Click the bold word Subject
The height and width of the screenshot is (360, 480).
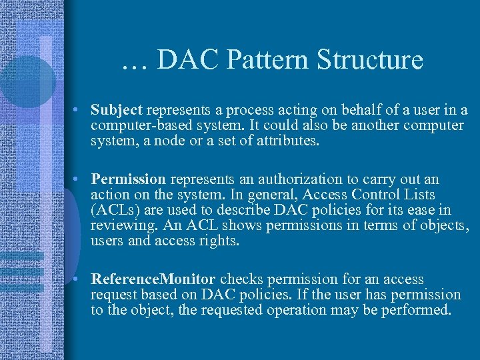pyautogui.click(x=117, y=109)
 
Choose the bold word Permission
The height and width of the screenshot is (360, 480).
pyautogui.click(x=129, y=179)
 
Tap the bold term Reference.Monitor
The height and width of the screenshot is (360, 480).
pyautogui.click(x=153, y=279)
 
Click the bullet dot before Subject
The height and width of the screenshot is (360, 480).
pyautogui.click(x=78, y=110)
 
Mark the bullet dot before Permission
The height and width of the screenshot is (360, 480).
pyautogui.click(x=78, y=180)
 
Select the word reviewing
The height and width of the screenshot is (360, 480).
pyautogui.click(x=120, y=225)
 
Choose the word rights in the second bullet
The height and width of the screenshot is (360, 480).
pyautogui.click(x=218, y=241)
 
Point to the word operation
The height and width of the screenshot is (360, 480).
pyautogui.click(x=347, y=310)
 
